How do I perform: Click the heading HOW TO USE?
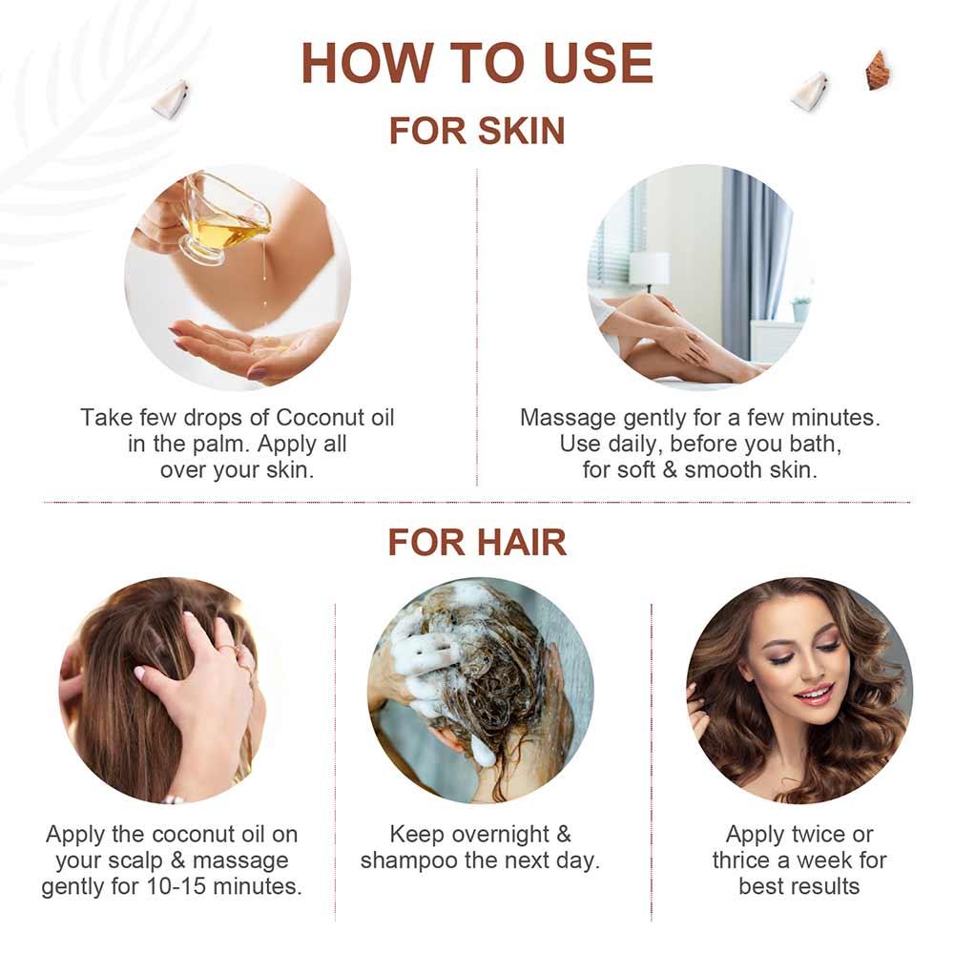pyautogui.click(x=477, y=64)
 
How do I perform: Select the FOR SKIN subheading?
pyautogui.click(x=477, y=130)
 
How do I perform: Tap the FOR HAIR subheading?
pyautogui.click(x=477, y=542)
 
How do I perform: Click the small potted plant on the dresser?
pyautogui.click(x=800, y=307)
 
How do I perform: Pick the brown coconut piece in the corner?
pyautogui.click(x=878, y=71)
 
